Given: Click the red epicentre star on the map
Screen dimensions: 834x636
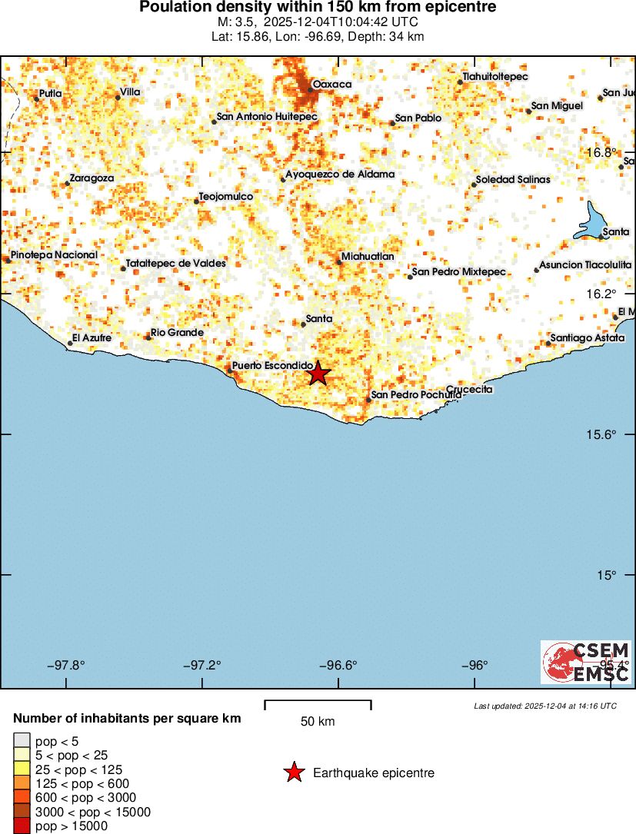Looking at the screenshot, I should click(318, 374).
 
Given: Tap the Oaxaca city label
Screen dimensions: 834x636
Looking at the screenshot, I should click(332, 84).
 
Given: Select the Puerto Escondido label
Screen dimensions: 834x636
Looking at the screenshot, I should click(272, 365).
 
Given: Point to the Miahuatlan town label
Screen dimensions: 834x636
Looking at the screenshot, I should click(368, 257).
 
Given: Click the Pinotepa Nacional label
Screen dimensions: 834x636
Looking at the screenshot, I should click(54, 254).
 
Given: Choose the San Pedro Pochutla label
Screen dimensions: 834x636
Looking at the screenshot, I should click(416, 395).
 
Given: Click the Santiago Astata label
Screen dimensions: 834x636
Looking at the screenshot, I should click(588, 338).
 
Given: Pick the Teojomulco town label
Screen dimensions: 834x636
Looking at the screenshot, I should click(226, 197).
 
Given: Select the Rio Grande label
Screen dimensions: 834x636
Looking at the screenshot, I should click(177, 333).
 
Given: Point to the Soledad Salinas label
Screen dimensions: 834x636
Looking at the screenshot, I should click(513, 179).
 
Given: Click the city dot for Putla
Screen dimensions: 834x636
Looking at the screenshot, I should click(36, 98).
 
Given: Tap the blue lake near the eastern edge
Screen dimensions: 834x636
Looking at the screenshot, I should click(594, 222).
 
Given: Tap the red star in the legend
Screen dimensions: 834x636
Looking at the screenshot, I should click(293, 773).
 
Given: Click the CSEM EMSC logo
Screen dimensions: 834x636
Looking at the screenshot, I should click(586, 662).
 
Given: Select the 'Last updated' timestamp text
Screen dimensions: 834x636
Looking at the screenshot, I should click(545, 706).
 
